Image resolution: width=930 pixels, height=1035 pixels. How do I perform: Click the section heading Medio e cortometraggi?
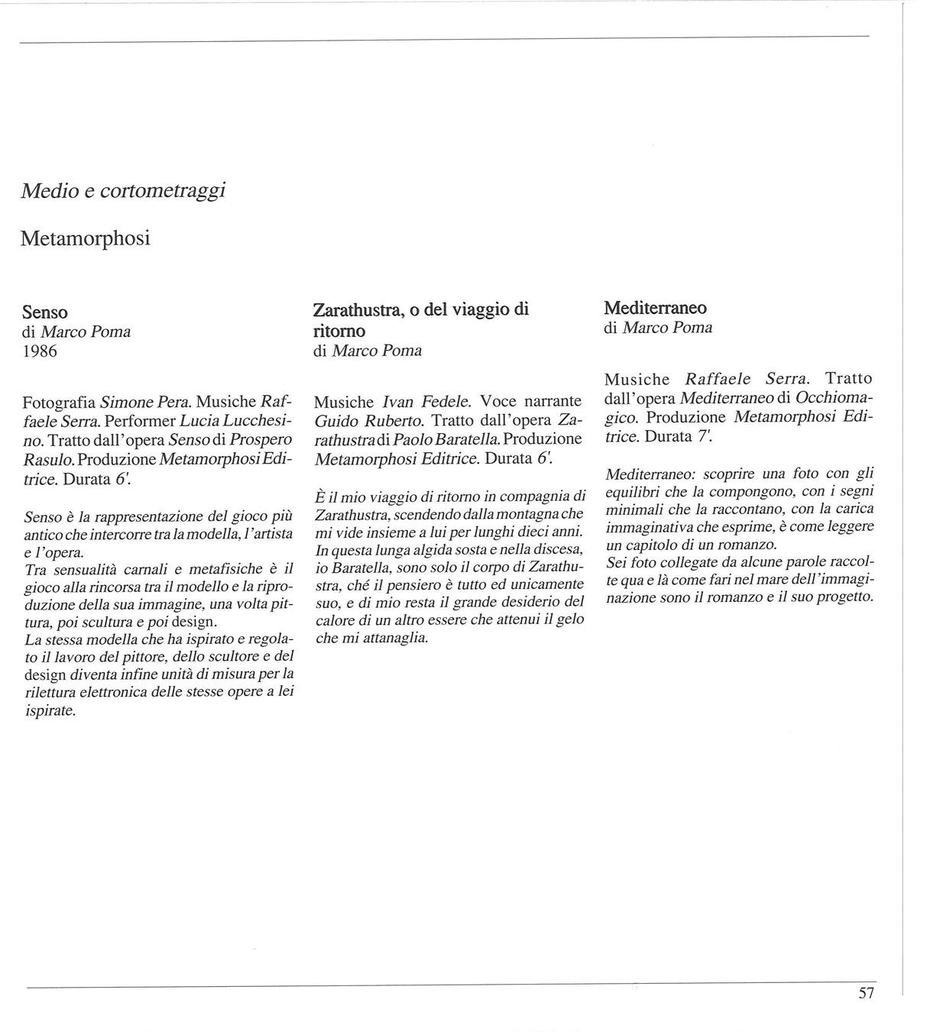coord(123,191)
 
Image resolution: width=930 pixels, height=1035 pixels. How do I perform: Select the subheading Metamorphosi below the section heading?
coord(86,238)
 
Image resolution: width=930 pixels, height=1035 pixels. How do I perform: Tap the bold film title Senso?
coord(45,312)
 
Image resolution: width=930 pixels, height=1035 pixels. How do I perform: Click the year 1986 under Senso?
coord(40,351)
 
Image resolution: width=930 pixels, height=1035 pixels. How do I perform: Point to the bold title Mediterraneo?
coord(656,309)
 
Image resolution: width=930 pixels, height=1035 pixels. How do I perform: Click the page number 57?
coord(866,993)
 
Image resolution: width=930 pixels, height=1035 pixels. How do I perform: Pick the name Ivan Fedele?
coord(427,401)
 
